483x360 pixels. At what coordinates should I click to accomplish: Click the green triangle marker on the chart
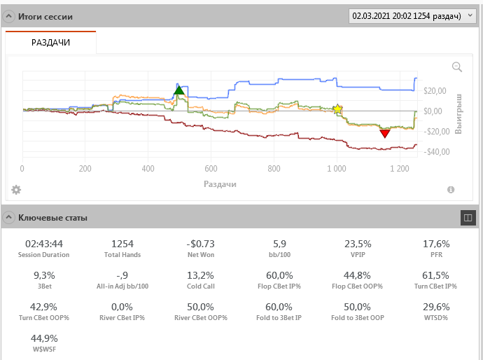[x=178, y=89]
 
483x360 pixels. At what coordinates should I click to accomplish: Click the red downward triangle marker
[x=384, y=133]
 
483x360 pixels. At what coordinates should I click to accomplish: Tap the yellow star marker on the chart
[x=337, y=109]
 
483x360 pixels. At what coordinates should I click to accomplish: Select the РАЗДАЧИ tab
[x=50, y=43]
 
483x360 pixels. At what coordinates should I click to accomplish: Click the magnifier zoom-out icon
[x=457, y=67]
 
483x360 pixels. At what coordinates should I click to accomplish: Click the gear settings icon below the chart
[x=16, y=190]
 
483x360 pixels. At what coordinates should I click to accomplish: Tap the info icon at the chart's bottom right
[x=451, y=190]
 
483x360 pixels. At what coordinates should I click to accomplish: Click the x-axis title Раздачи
[x=220, y=184]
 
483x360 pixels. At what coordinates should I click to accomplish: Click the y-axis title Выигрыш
[x=459, y=112]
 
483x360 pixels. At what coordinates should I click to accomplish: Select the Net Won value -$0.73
[x=197, y=244]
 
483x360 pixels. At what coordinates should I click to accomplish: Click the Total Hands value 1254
[x=122, y=244]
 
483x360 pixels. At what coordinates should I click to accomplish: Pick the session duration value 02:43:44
[x=44, y=244]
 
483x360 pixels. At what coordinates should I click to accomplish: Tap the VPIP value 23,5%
[x=358, y=244]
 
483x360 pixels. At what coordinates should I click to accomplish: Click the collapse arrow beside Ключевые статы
[x=9, y=218]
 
